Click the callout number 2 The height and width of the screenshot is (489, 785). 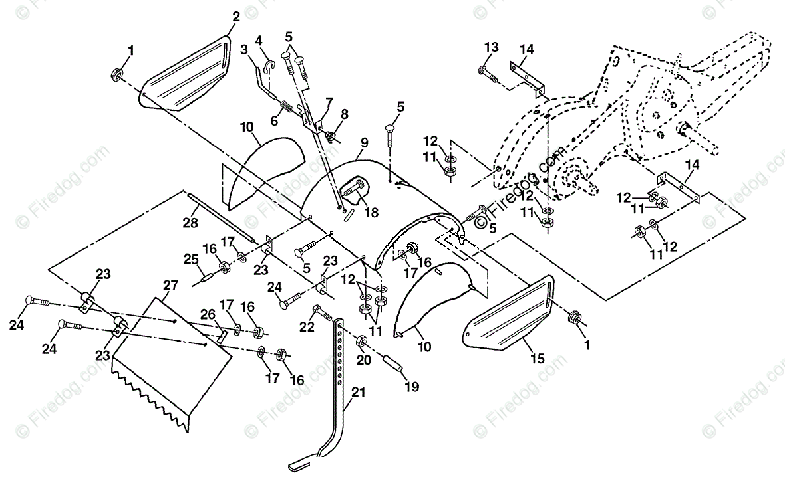(235, 17)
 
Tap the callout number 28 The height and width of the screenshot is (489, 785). (190, 223)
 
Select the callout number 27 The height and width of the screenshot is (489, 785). (170, 286)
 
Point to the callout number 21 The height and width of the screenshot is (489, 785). (359, 393)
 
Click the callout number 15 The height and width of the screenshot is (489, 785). (537, 359)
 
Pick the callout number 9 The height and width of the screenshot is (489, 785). (364, 143)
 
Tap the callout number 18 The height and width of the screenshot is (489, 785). (371, 212)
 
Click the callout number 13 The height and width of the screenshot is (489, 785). (492, 47)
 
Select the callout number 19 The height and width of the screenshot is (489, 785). (412, 387)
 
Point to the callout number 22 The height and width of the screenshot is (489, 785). (307, 326)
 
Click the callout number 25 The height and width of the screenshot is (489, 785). (191, 259)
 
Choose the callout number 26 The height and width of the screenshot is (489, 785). (208, 315)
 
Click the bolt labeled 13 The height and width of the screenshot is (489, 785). (489, 75)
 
